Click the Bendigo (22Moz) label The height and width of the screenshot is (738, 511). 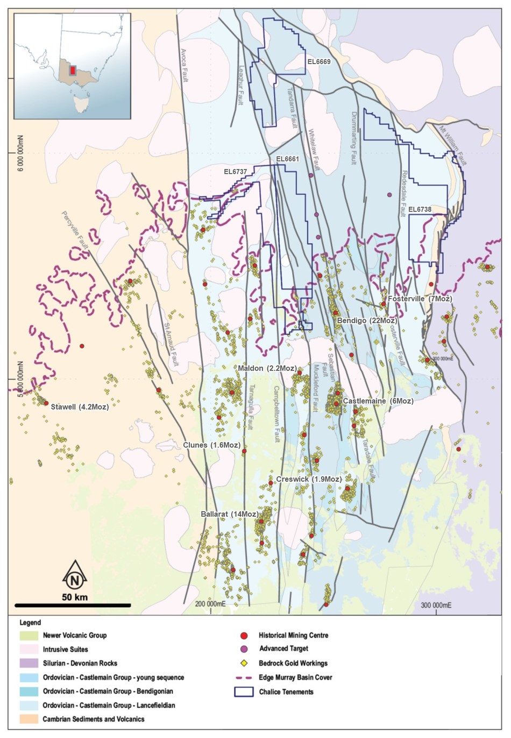pyautogui.click(x=367, y=321)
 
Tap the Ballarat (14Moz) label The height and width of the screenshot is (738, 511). pyautogui.click(x=230, y=514)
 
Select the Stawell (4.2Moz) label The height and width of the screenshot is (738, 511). pyautogui.click(x=80, y=407)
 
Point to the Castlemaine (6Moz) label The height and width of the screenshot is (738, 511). pyautogui.click(x=378, y=401)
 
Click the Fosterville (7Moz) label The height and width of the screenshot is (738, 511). pyautogui.click(x=420, y=298)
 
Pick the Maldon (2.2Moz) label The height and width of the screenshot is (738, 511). pyautogui.click(x=267, y=368)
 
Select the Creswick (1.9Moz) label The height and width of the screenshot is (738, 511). pyautogui.click(x=309, y=479)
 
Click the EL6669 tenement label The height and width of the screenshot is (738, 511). pyautogui.click(x=319, y=62)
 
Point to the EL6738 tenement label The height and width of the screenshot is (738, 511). pyautogui.click(x=420, y=209)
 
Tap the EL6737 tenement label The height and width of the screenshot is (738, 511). pyautogui.click(x=235, y=172)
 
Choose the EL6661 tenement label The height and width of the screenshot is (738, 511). pyautogui.click(x=287, y=159)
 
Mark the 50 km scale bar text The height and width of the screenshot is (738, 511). pyautogui.click(x=75, y=598)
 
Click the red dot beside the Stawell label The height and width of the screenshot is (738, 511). pyautogui.click(x=46, y=403)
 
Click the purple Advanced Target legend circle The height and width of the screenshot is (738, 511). pyautogui.click(x=244, y=649)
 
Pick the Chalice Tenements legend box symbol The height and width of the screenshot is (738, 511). pyautogui.click(x=244, y=692)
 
